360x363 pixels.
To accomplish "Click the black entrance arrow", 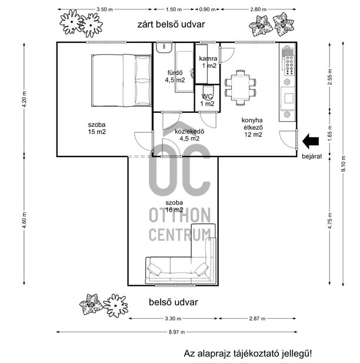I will (310, 141).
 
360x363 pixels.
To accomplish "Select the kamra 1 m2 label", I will (208, 62).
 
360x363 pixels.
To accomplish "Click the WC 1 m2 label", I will (207, 100).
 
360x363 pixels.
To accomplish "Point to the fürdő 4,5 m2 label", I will (175, 76).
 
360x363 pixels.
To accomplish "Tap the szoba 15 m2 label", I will (97, 128).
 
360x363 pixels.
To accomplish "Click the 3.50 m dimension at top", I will (104, 9).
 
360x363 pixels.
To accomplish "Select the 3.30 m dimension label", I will (170, 319).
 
